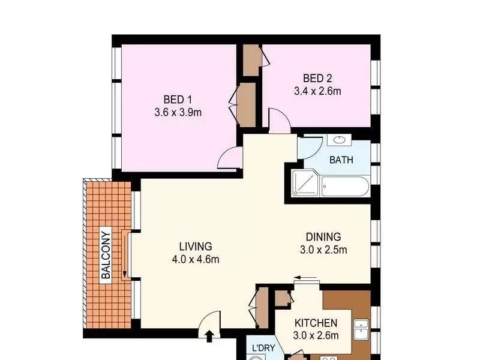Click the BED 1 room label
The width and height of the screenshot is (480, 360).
click(178, 100)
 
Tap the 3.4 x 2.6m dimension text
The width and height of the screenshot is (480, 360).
click(317, 91)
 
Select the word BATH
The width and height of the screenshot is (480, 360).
click(341, 160)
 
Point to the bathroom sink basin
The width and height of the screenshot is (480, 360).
click(339, 140)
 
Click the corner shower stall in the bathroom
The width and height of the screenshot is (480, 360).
click(305, 183)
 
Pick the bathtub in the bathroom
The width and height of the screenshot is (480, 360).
click(344, 187)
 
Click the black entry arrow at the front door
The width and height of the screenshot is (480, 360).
click(209, 336)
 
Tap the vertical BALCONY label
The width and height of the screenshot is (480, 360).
click(106, 254)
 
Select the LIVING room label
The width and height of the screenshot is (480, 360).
click(196, 247)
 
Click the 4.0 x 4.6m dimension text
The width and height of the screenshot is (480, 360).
click(196, 260)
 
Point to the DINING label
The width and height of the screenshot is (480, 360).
click(323, 236)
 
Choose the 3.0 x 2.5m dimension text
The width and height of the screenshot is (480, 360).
click(323, 250)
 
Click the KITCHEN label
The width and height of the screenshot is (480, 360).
click(316, 323)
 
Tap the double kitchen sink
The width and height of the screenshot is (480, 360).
click(361, 330)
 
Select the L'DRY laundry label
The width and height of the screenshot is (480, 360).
click(263, 348)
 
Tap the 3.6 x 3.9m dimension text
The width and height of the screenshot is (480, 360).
click(178, 113)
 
